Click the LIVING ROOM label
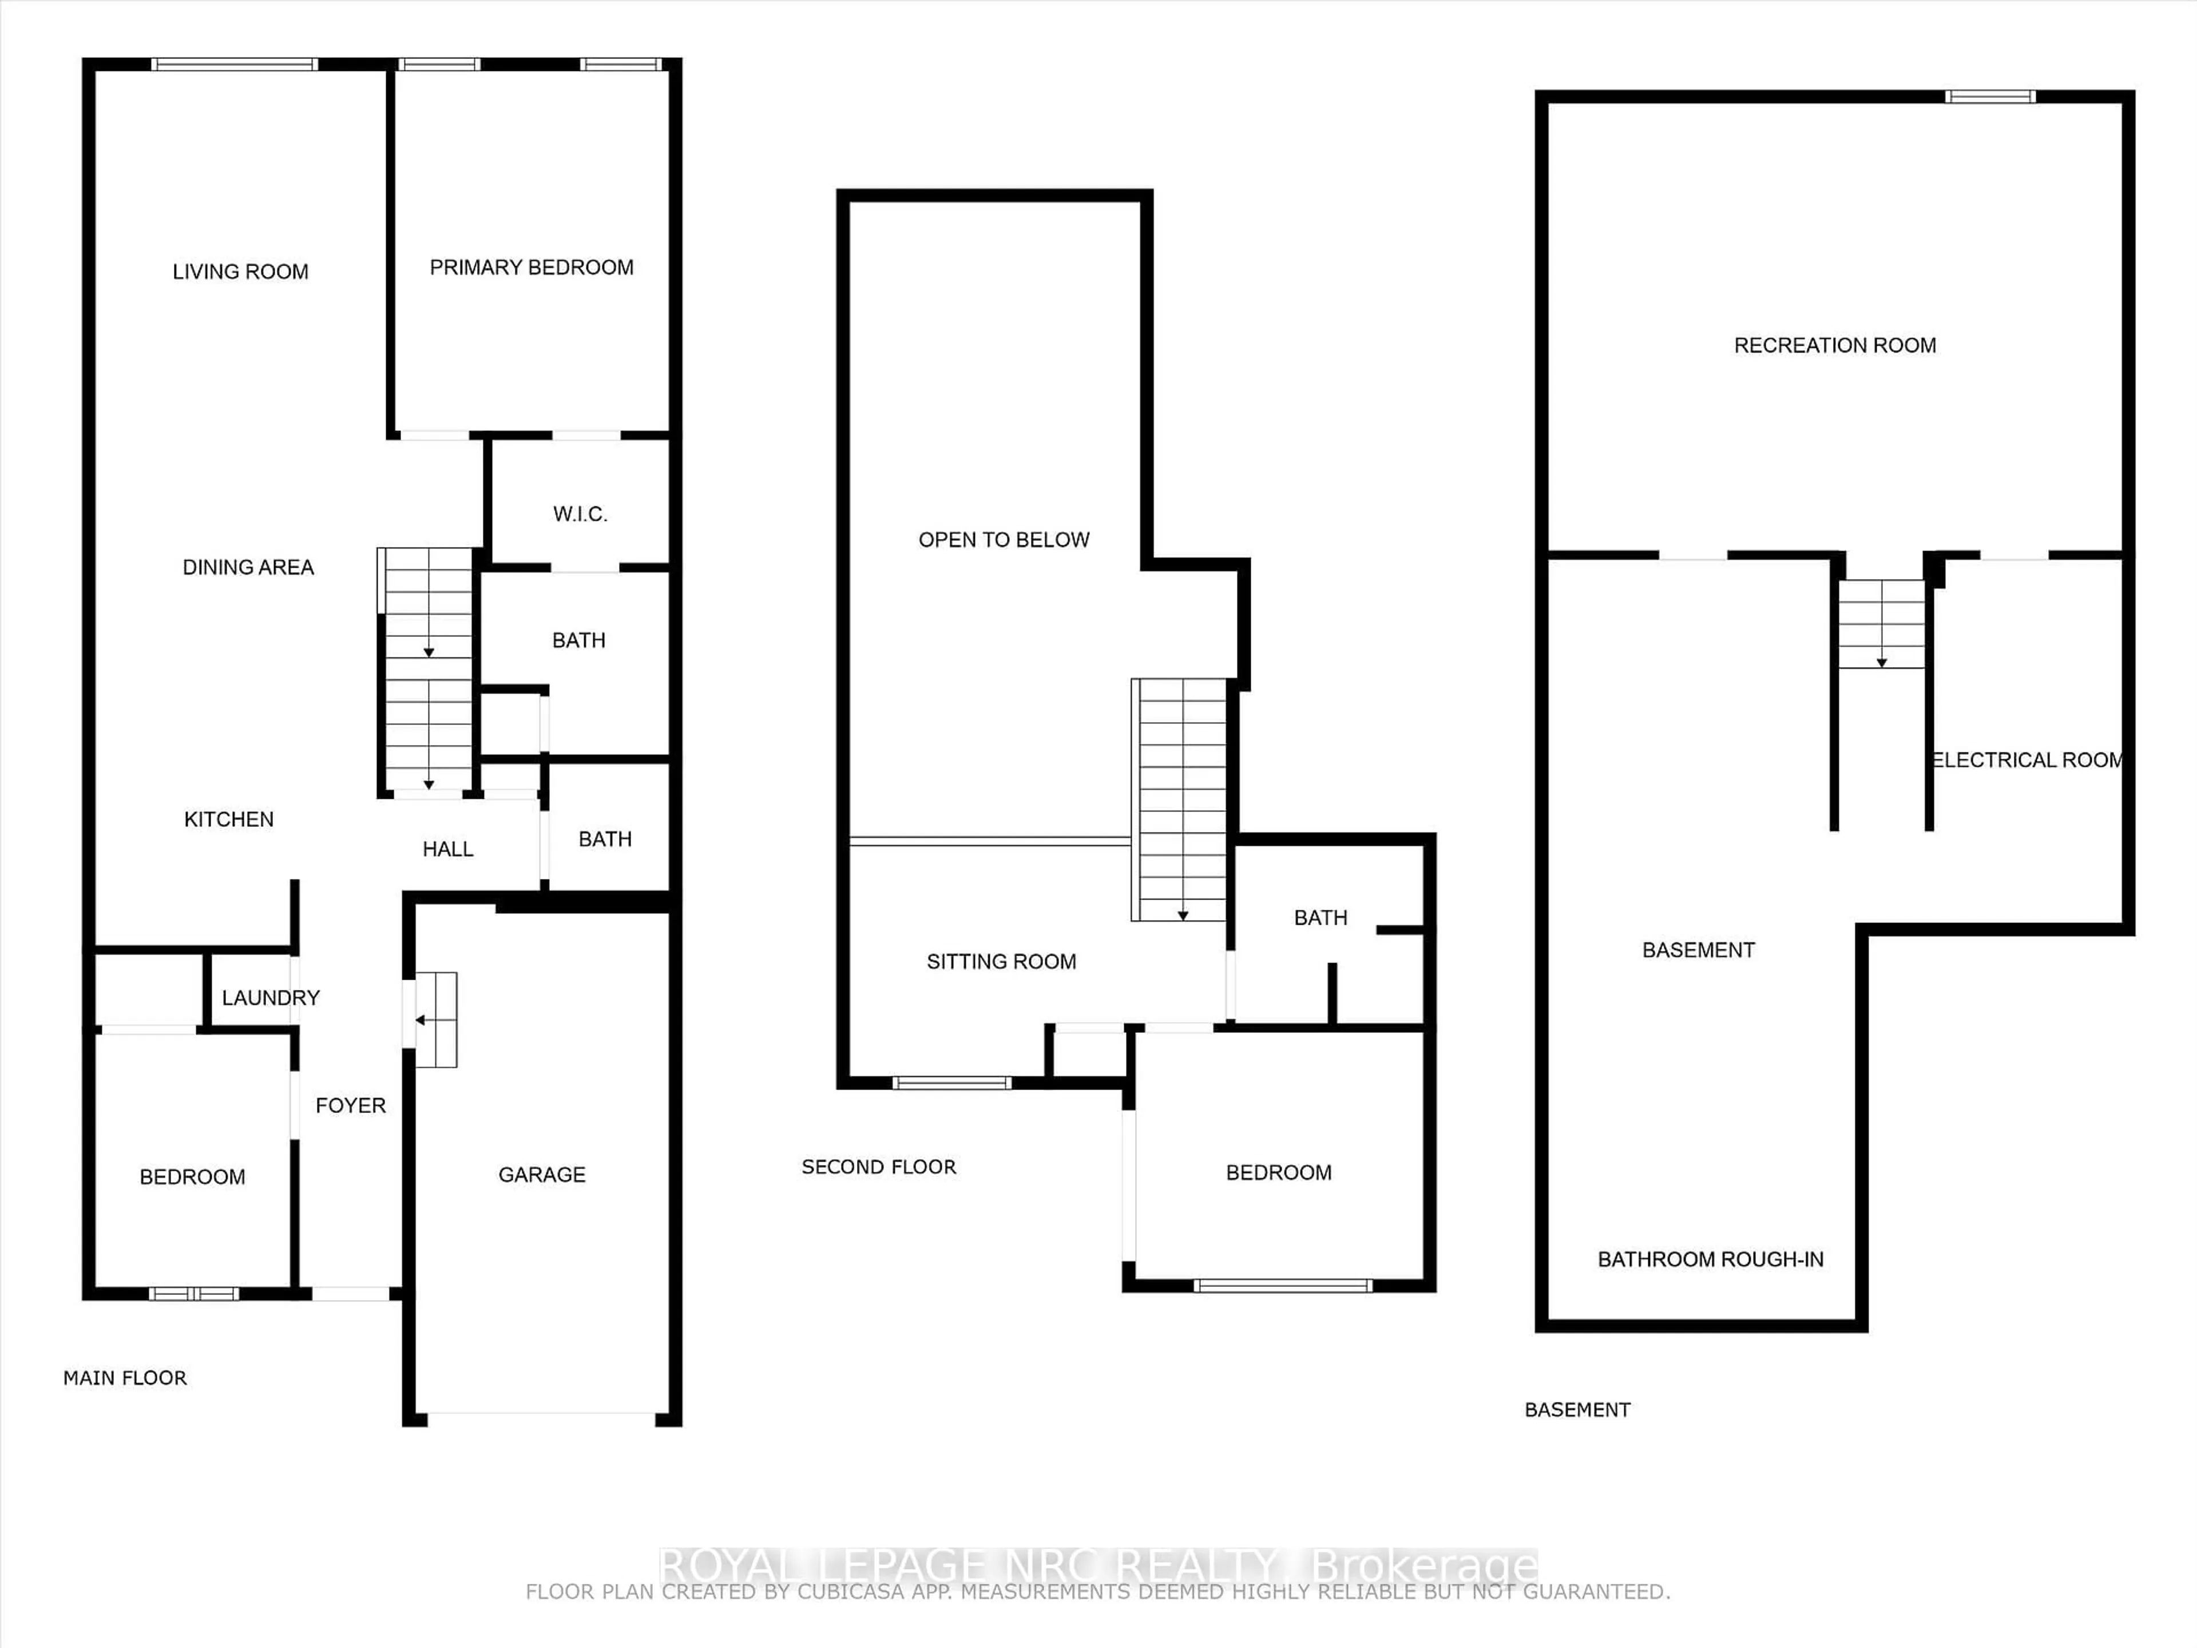coord(240,271)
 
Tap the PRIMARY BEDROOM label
coord(532,267)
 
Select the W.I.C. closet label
coord(580,514)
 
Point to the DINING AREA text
coord(248,567)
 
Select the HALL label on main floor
coord(448,849)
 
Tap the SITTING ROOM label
coord(1001,961)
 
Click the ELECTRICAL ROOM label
coord(2026,760)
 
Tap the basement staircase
coord(1881,624)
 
